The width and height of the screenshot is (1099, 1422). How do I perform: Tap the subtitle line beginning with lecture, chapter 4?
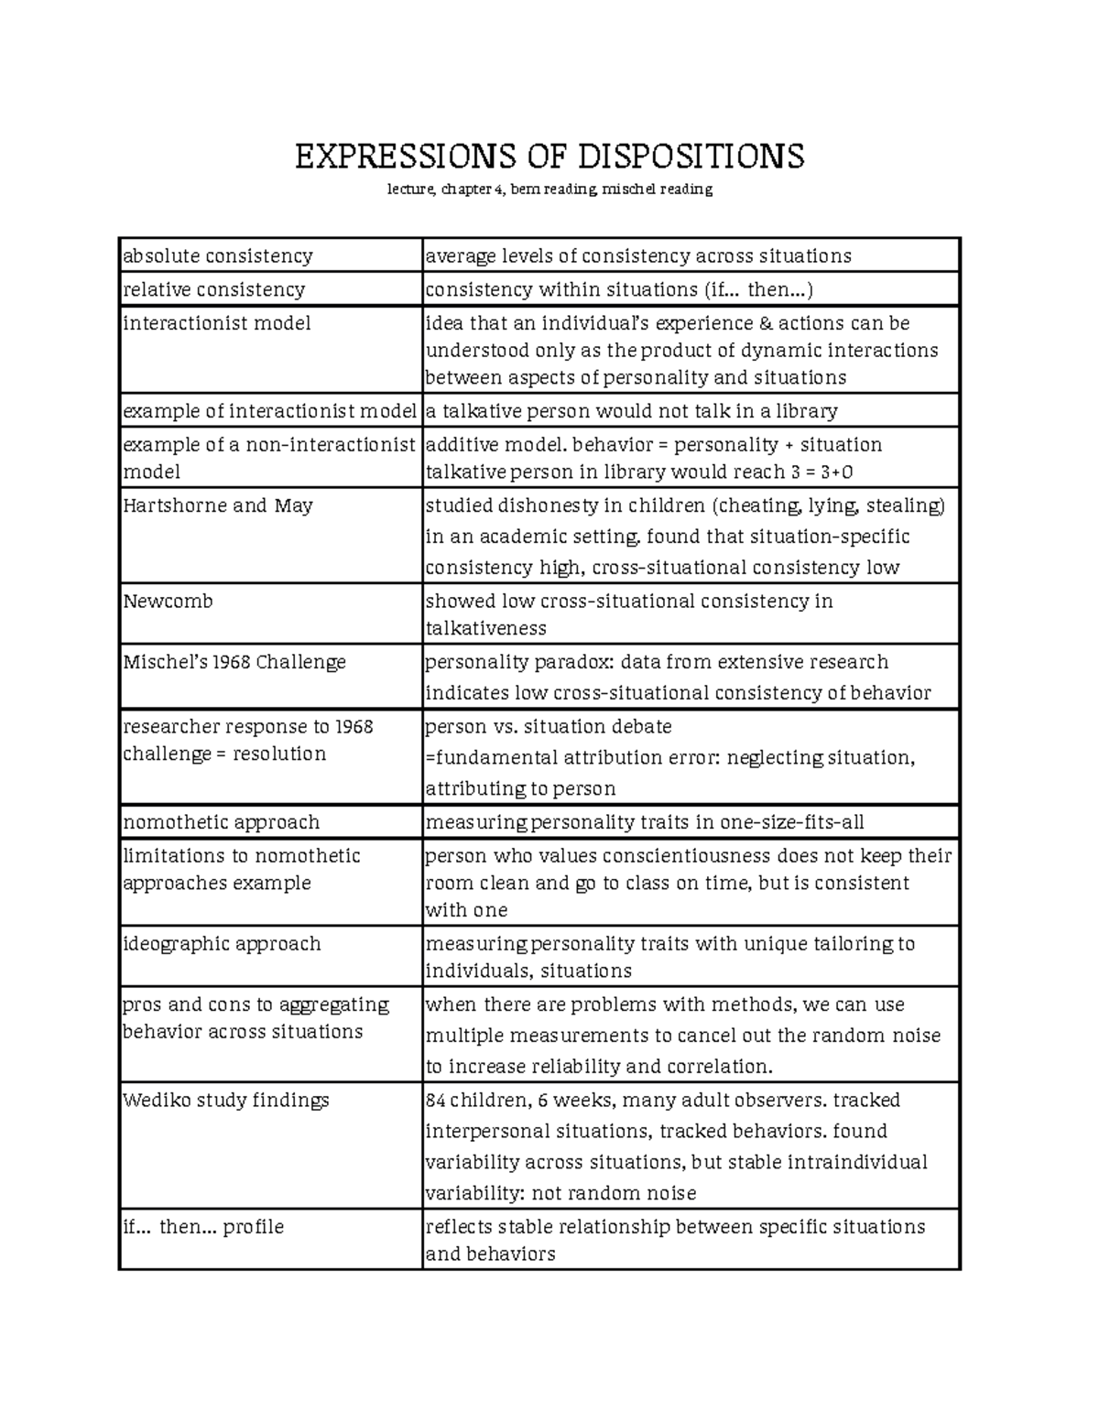[x=549, y=190]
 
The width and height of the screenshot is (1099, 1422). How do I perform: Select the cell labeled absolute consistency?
[x=218, y=255]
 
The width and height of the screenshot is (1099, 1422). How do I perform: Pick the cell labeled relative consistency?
[x=214, y=289]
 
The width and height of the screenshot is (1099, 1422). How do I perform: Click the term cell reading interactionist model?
[x=217, y=323]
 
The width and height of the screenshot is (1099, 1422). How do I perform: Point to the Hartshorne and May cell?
[x=218, y=505]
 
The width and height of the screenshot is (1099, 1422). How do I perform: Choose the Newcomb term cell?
[x=168, y=602]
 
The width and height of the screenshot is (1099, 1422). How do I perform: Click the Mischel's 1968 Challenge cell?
[x=234, y=662]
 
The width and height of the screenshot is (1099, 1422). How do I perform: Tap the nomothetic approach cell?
[x=222, y=822]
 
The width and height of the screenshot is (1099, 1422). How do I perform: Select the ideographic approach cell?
[x=222, y=944]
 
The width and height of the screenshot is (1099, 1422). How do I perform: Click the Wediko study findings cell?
[x=225, y=1101]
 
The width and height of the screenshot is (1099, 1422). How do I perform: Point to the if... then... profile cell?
[x=203, y=1227]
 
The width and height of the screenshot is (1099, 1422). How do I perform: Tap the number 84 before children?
[x=436, y=1101]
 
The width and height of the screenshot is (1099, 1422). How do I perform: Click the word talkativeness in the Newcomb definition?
[x=485, y=629]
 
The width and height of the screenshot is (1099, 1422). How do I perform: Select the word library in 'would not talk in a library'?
[x=806, y=411]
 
